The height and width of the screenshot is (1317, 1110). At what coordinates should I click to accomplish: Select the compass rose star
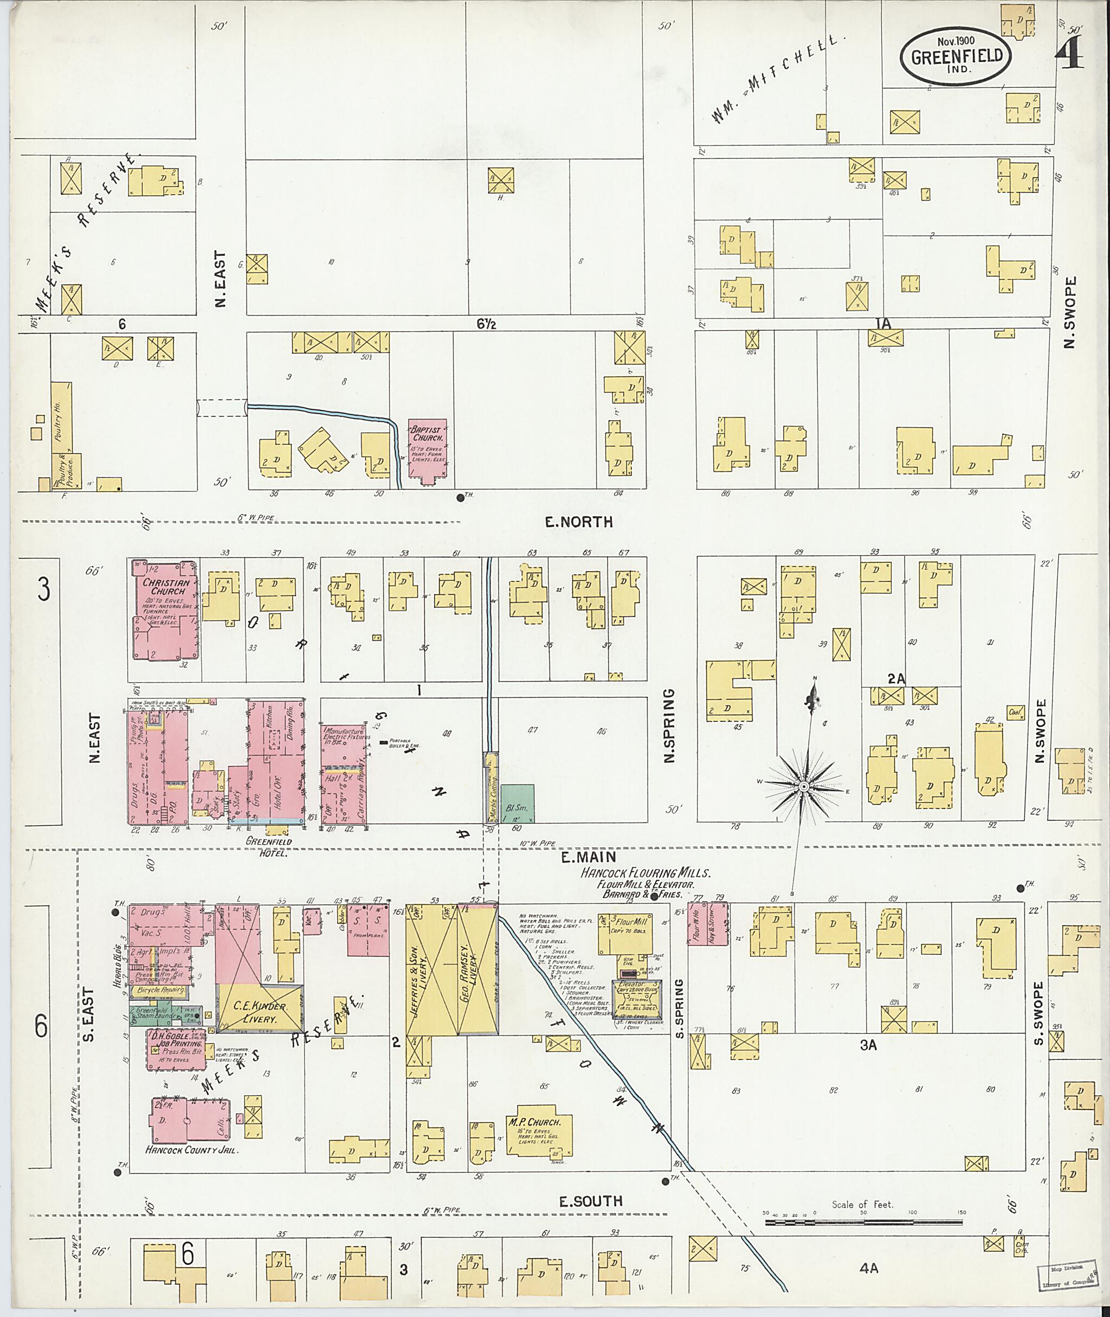tap(804, 787)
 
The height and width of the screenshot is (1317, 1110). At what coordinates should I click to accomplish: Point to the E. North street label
tap(578, 522)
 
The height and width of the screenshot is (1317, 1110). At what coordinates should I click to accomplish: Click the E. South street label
tap(591, 1201)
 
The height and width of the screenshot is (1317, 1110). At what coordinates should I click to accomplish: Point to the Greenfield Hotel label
tap(269, 847)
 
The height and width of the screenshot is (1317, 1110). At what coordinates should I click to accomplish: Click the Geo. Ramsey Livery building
tap(477, 969)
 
